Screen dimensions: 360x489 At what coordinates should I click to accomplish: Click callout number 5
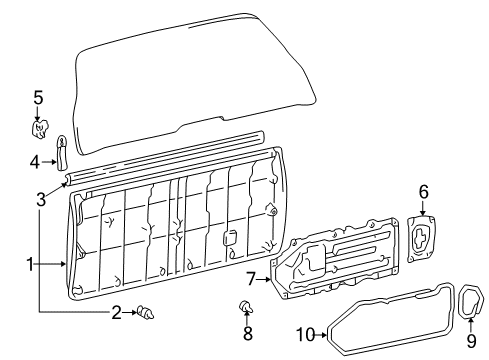38,97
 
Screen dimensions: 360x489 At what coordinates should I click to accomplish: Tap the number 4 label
33,160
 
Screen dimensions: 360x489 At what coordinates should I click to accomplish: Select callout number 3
41,199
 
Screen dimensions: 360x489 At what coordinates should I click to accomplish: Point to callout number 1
31,264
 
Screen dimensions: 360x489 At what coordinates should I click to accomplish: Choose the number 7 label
252,278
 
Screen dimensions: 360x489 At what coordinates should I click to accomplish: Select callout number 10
305,334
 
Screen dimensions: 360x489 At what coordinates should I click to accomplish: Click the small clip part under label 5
41,127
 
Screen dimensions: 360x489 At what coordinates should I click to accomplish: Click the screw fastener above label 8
245,303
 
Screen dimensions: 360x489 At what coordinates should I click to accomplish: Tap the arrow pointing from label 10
322,335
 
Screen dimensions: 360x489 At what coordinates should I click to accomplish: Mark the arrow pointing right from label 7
266,279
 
